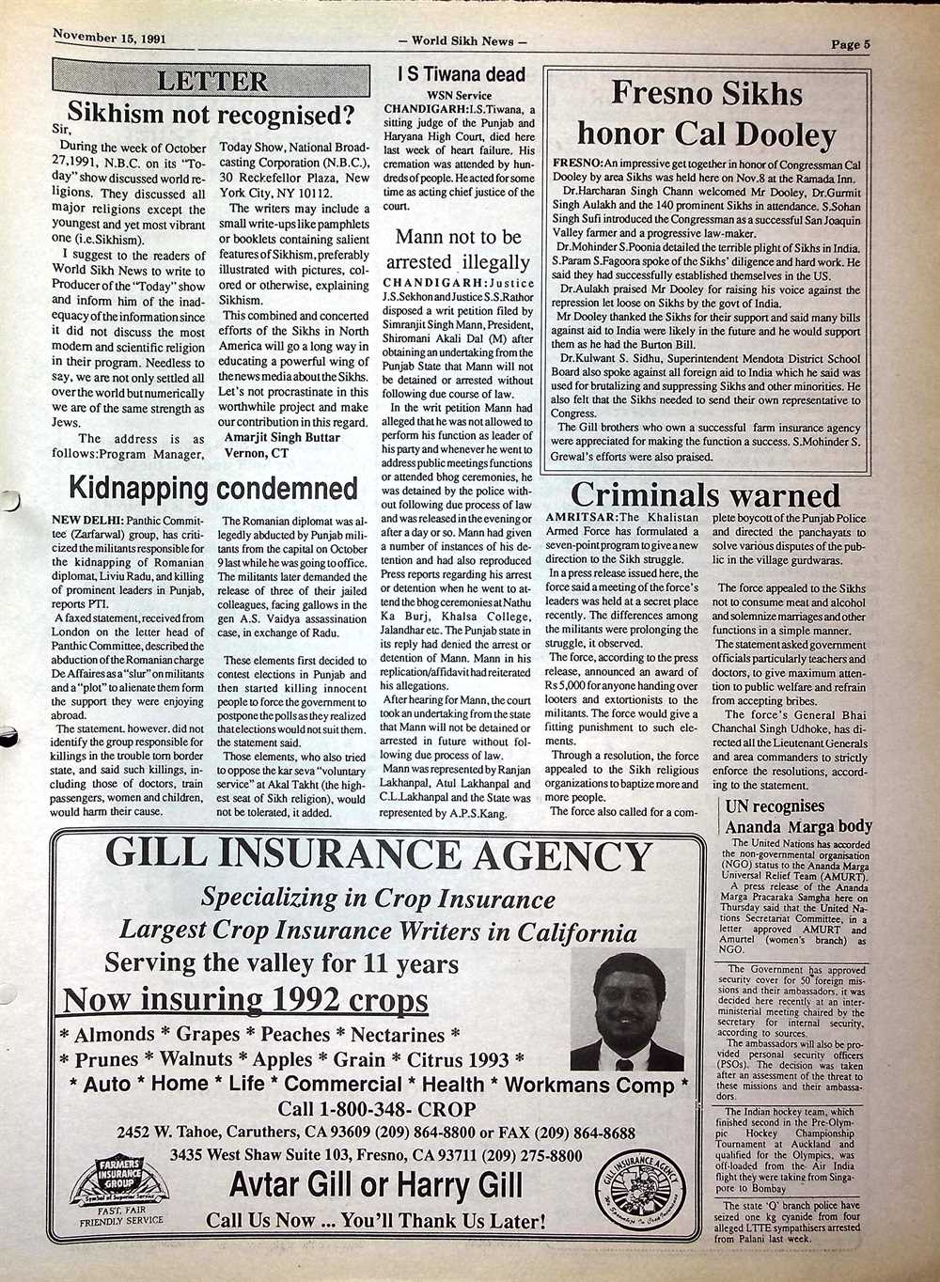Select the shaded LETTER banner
click(211, 80)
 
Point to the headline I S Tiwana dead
click(461, 74)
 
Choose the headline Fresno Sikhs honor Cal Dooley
click(706, 114)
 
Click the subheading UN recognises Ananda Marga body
click(798, 816)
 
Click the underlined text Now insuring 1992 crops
click(245, 1000)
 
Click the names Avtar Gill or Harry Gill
click(376, 1184)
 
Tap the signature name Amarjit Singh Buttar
click(281, 438)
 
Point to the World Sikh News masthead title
click(462, 40)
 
